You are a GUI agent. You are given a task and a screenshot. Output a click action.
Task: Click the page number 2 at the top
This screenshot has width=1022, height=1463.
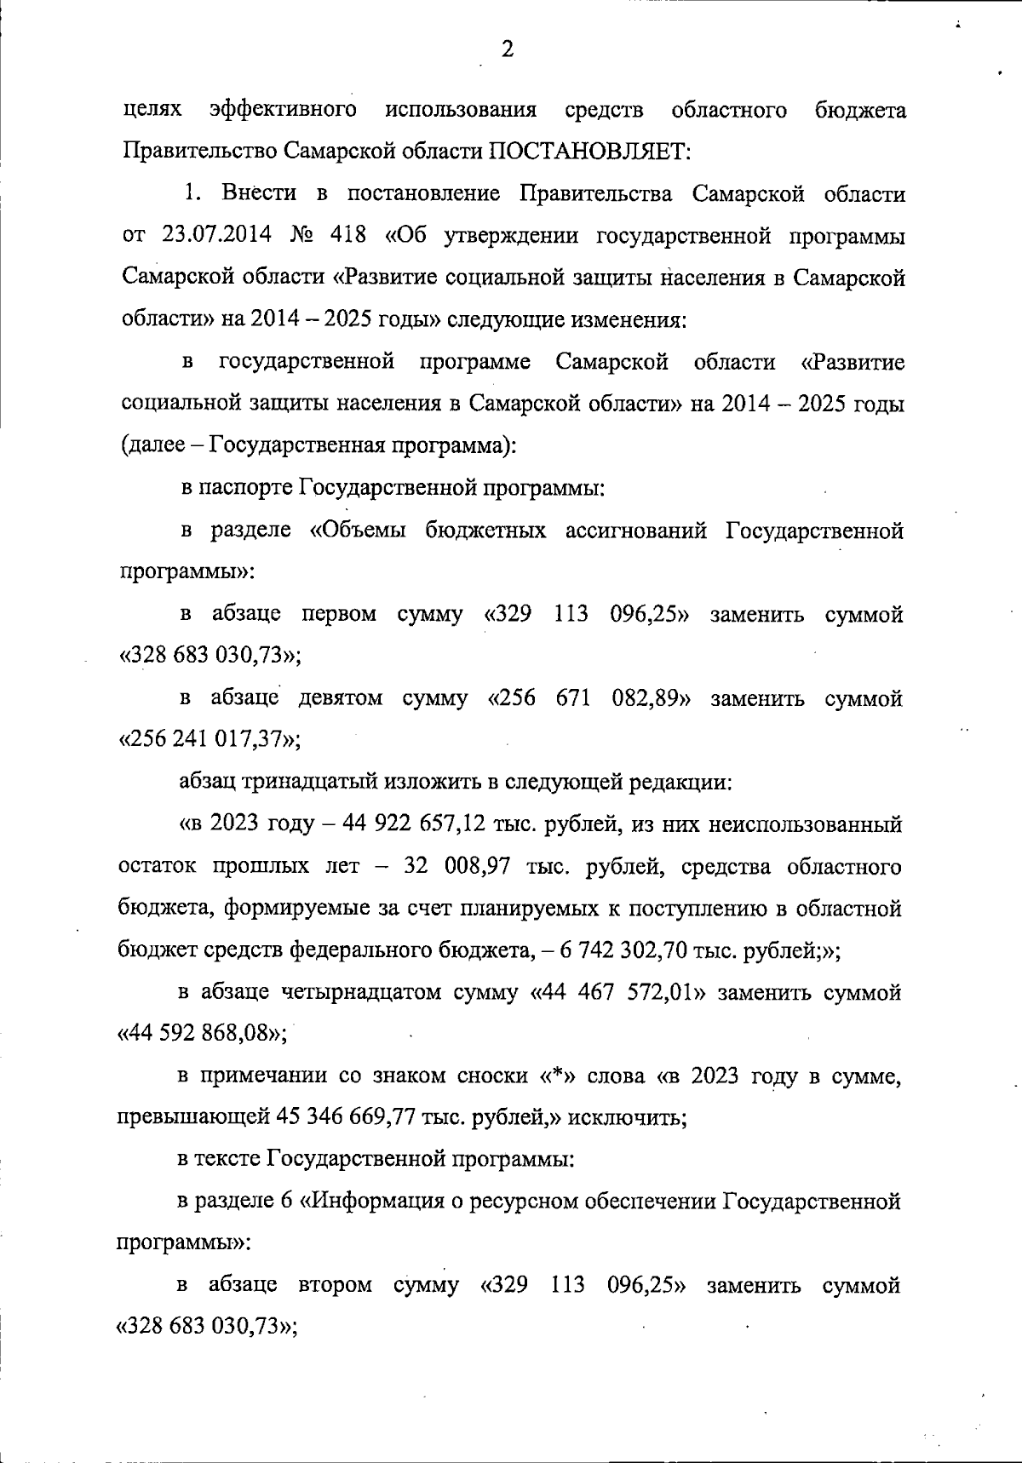point(508,49)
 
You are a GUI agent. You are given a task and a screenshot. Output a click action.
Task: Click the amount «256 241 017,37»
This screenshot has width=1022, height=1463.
point(208,739)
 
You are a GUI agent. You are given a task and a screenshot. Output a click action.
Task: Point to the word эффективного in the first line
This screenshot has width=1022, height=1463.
point(282,110)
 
